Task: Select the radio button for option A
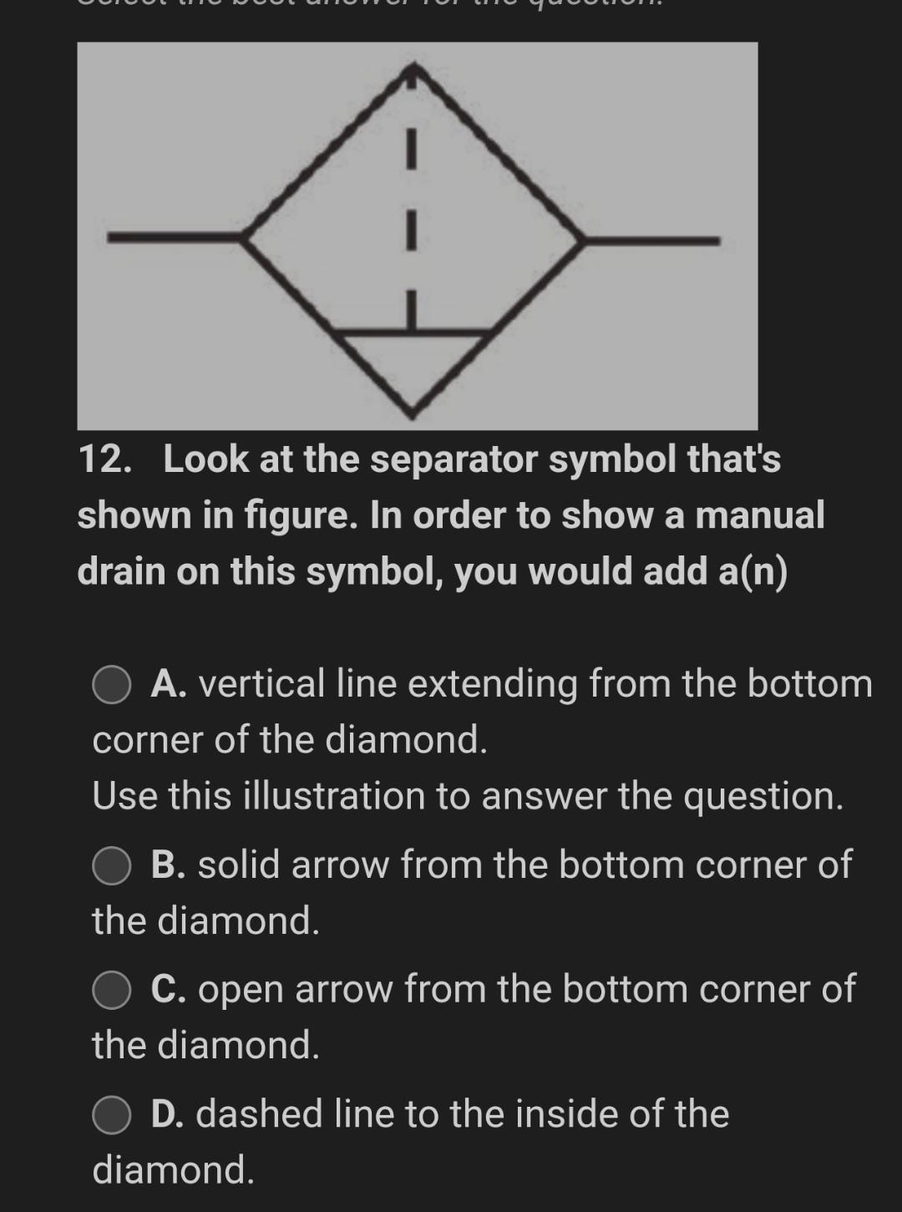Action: [111, 685]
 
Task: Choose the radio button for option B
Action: [111, 865]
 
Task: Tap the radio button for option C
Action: [111, 990]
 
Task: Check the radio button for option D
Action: [111, 1115]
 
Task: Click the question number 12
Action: [104, 459]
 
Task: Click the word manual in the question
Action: [759, 515]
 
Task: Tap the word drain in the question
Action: [119, 572]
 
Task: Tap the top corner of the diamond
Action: [412, 68]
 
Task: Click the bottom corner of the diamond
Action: [412, 413]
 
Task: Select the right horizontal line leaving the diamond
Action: [651, 241]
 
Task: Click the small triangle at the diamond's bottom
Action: [413, 368]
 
